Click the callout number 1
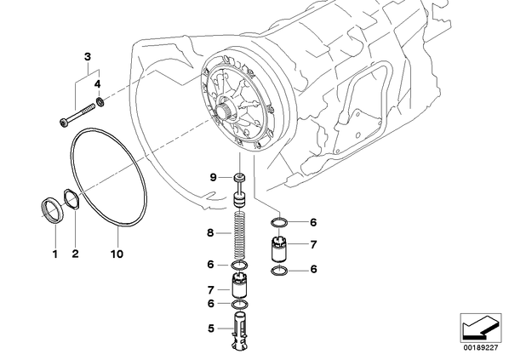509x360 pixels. (x=55, y=254)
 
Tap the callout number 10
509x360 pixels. (x=117, y=254)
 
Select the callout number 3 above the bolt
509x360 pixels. (x=88, y=57)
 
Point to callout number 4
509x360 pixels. (x=98, y=84)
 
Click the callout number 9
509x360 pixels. (x=213, y=178)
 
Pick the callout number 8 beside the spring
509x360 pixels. (x=210, y=232)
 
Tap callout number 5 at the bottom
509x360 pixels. (x=211, y=329)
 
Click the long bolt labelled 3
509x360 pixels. (x=77, y=116)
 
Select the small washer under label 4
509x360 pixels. (x=100, y=102)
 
